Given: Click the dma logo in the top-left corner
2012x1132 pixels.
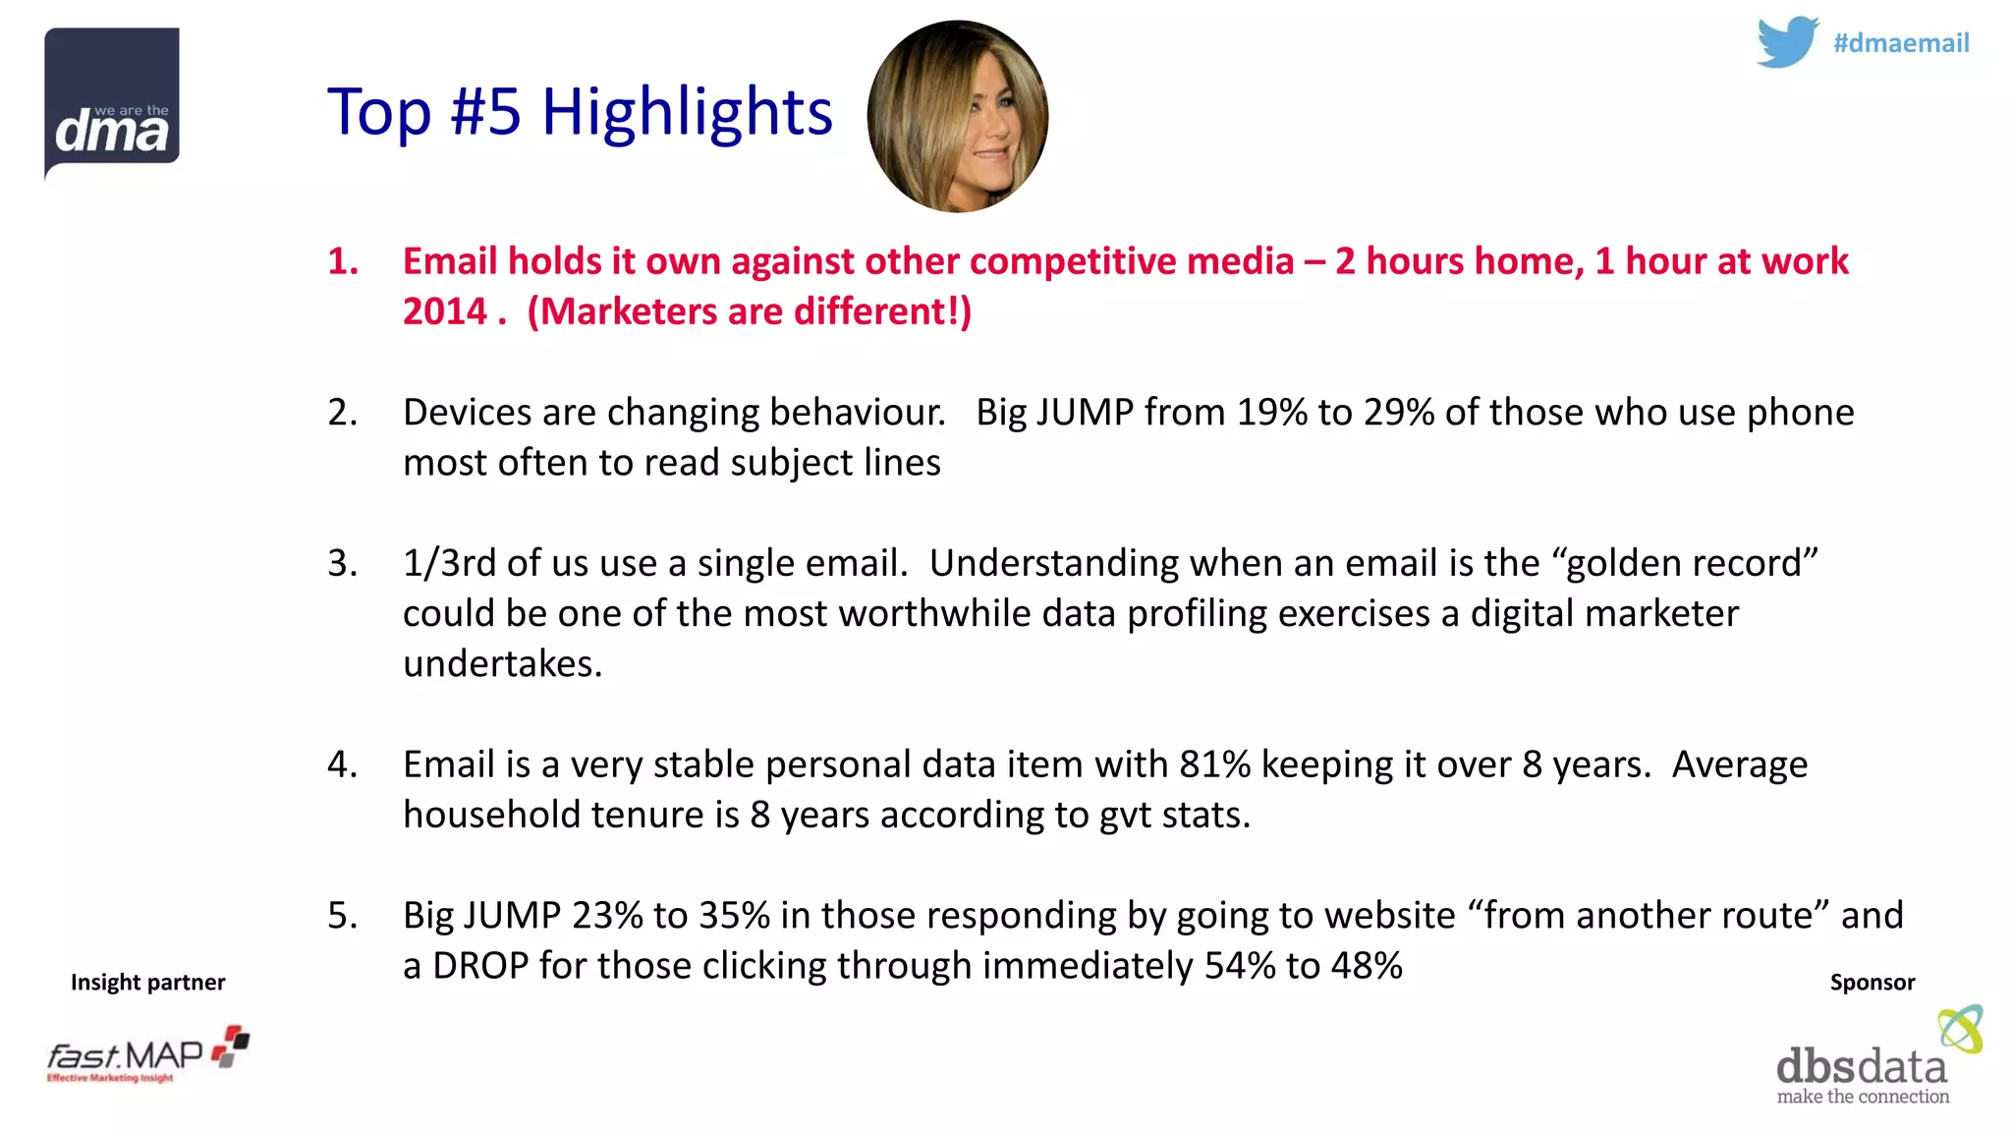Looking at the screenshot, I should pos(112,103).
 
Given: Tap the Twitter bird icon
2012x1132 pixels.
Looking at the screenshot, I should pos(1787,41).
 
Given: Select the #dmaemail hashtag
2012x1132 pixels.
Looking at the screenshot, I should pos(1900,43).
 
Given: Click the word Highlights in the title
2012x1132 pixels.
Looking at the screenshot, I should pos(687,111).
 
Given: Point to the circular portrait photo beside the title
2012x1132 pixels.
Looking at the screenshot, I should pos(958,117).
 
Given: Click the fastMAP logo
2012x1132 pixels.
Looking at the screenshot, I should pos(147,1055).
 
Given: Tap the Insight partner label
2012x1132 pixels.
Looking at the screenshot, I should pos(147,982).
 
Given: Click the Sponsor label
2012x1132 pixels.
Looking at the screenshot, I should pos(1872,982).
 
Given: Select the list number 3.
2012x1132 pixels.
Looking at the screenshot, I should pos(342,563).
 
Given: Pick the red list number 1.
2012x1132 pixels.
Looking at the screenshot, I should pos(342,261).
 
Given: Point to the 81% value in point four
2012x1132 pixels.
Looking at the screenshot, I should pos(1215,764).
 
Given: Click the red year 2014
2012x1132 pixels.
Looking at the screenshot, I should pos(445,311).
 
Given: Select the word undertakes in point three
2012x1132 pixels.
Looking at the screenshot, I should pos(502,664).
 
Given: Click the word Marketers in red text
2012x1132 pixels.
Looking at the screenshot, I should pos(631,311).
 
